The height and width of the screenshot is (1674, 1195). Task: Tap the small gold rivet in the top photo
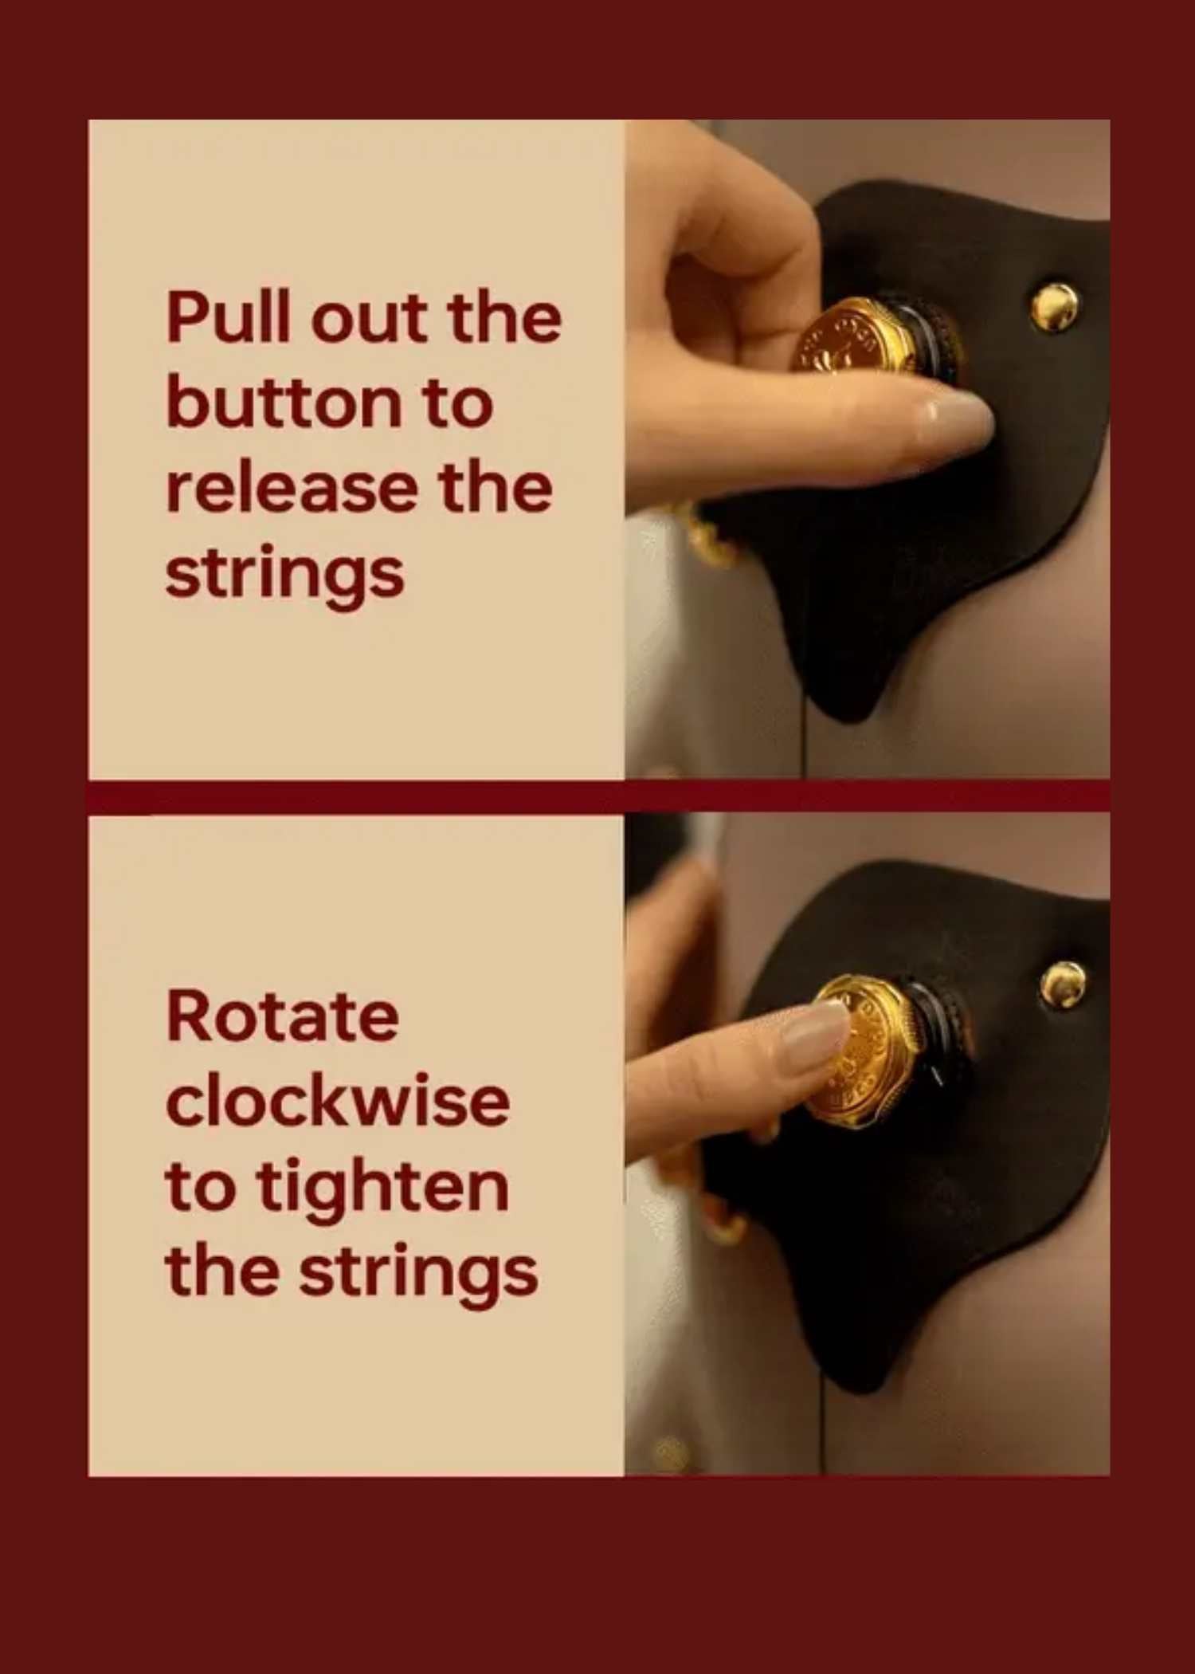pyautogui.click(x=1055, y=306)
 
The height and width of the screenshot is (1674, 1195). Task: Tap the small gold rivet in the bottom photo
pyautogui.click(x=1064, y=984)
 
